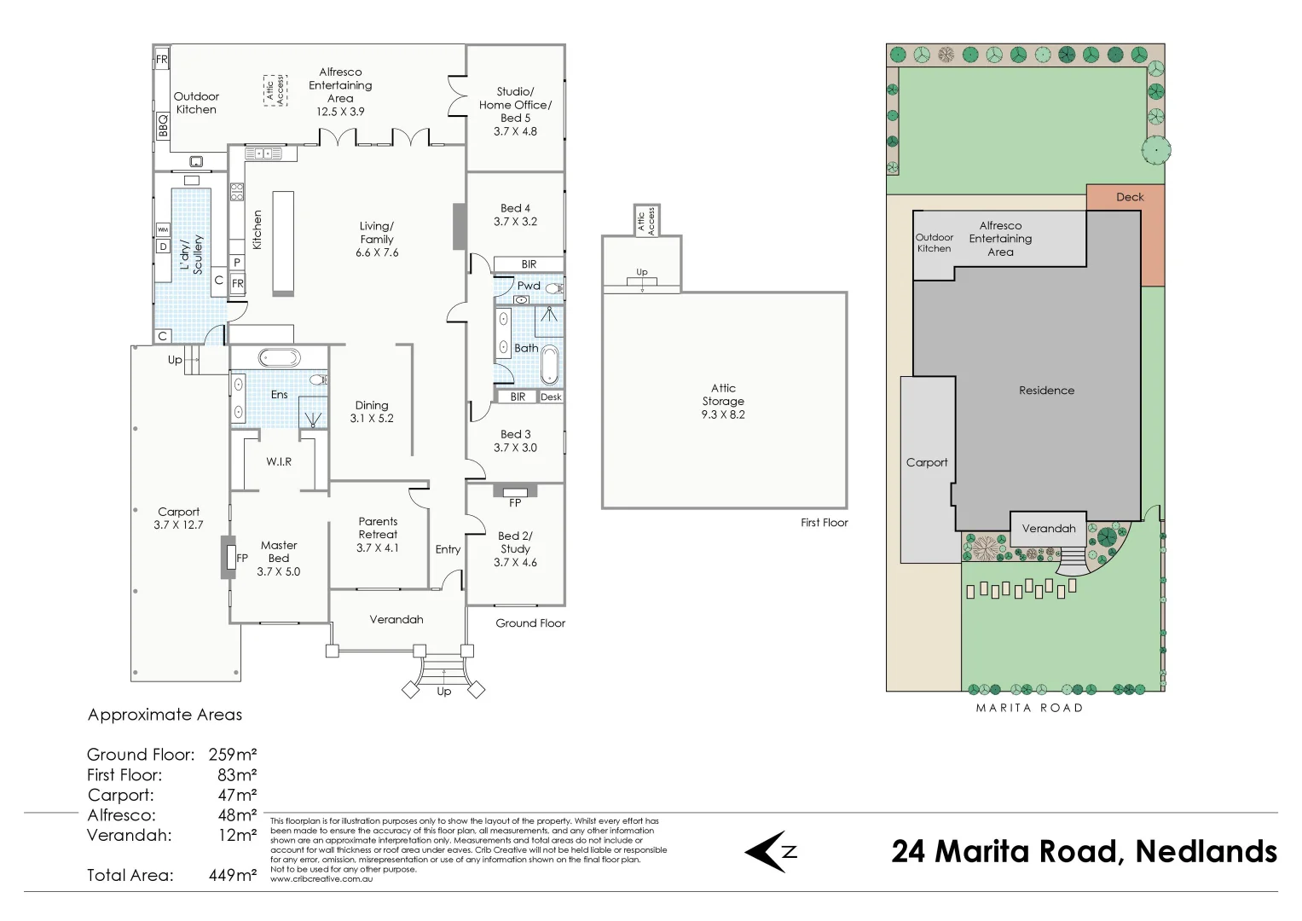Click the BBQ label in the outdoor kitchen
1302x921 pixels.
pos(163,126)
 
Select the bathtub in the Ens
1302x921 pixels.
pos(279,357)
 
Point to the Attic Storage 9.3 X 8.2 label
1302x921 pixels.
pos(723,401)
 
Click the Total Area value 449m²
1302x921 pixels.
pos(233,875)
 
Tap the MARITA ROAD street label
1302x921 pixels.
pos(1029,708)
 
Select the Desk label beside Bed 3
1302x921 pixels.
pos(551,397)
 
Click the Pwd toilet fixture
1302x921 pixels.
pos(554,288)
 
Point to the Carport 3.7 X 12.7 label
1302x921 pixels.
pos(178,518)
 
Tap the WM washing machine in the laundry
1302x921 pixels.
pos(163,229)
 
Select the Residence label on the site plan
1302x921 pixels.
pos(1046,391)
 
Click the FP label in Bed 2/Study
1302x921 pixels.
pos(515,503)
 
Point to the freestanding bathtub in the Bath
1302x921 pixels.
pos(549,366)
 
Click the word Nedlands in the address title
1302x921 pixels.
pos(1207,852)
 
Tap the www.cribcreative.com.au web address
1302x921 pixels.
pos(321,879)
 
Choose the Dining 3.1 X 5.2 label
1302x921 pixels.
pos(372,412)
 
